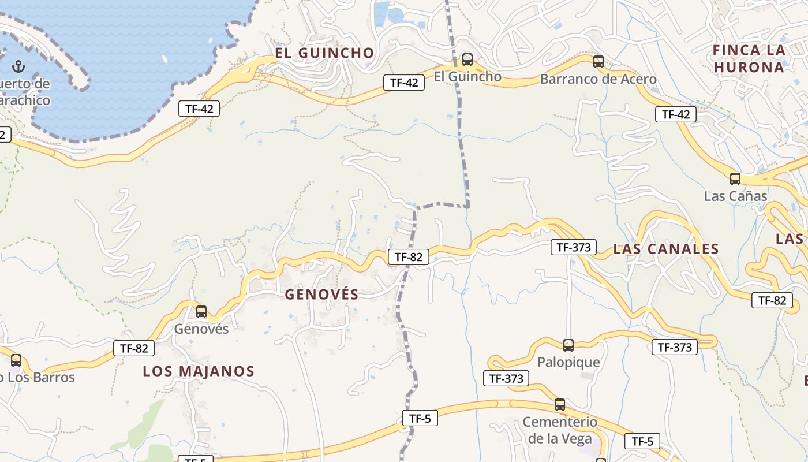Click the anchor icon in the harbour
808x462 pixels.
click(18, 65)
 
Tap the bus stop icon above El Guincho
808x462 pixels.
click(467, 59)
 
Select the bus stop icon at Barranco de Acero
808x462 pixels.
click(598, 61)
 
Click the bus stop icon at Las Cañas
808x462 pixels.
click(735, 178)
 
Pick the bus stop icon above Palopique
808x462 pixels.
click(568, 345)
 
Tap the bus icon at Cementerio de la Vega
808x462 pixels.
click(559, 404)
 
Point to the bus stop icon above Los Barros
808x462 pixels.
click(16, 360)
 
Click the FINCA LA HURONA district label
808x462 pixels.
click(749, 58)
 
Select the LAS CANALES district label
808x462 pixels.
click(665, 249)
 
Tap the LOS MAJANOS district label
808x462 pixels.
click(199, 371)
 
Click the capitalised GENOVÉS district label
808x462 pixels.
click(321, 294)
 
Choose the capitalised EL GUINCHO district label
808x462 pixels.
click(324, 53)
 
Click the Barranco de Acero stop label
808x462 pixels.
click(598, 79)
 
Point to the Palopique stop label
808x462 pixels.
click(568, 362)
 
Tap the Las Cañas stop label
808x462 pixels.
click(735, 196)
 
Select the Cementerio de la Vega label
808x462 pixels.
click(559, 430)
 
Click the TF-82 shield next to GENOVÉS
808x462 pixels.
click(409, 257)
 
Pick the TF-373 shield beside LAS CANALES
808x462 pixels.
click(573, 248)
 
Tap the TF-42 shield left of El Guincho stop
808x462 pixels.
click(404, 83)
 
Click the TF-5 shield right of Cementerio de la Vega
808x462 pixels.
click(642, 442)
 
